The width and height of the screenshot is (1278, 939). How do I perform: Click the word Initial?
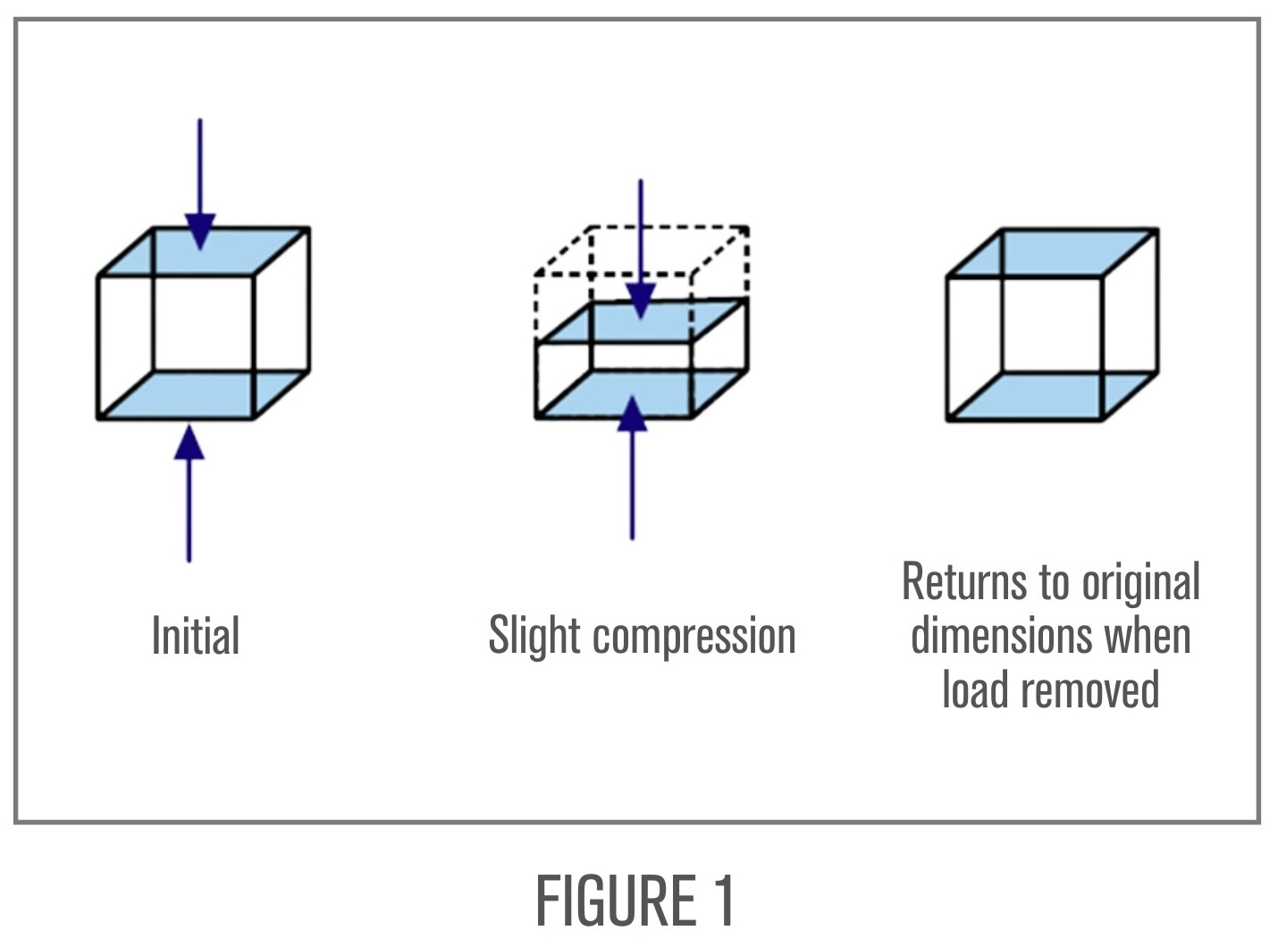click(x=196, y=636)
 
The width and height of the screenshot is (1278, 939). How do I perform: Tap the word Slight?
click(x=534, y=636)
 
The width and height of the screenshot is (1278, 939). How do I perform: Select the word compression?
click(x=694, y=636)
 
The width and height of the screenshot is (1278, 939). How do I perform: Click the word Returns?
click(x=963, y=582)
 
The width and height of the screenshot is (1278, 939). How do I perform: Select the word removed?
click(x=1090, y=689)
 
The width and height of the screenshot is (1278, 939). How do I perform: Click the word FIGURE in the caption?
click(x=616, y=901)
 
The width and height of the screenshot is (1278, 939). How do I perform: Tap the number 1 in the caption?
click(x=724, y=901)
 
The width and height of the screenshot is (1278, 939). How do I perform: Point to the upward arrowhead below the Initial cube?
click(x=189, y=443)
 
